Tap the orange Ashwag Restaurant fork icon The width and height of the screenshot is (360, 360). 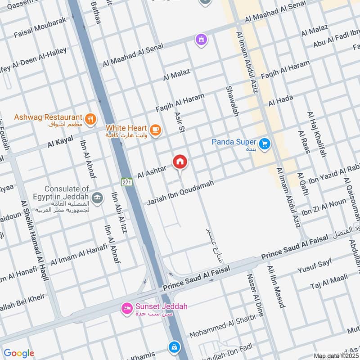90,119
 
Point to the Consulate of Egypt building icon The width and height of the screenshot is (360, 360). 96,198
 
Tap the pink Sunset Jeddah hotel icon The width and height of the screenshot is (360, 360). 126,308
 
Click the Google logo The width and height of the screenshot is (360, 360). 19,353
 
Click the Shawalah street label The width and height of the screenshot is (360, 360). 232,101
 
